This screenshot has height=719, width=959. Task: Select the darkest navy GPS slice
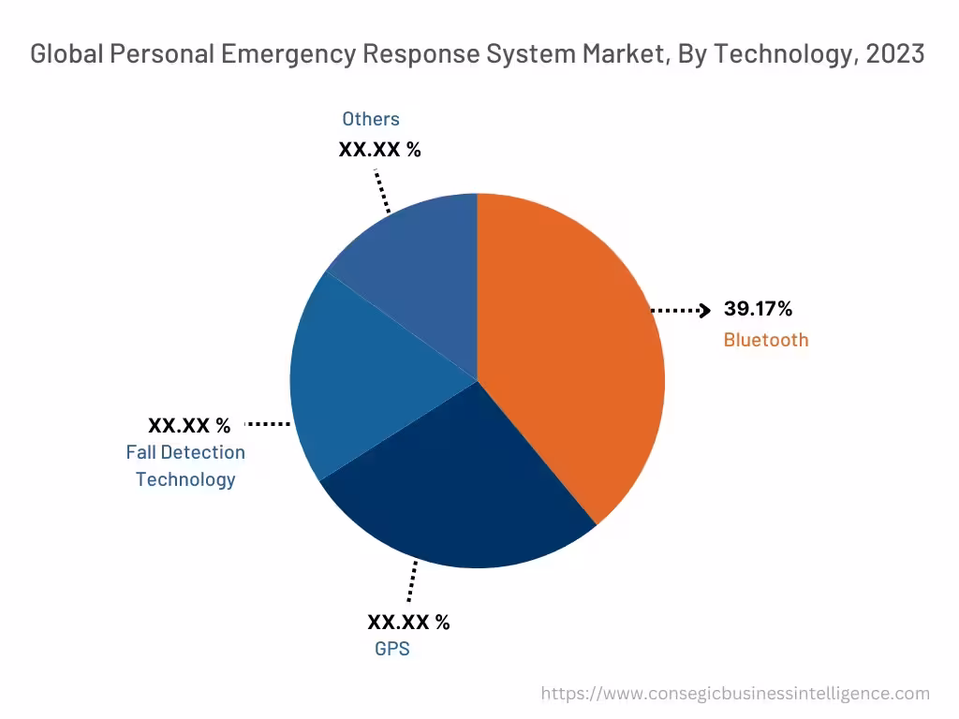pyautogui.click(x=459, y=496)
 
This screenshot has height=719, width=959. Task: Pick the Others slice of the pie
pyautogui.click(x=421, y=262)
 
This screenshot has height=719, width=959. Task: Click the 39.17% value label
pyautogui.click(x=758, y=309)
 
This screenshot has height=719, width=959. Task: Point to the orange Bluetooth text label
pyautogui.click(x=765, y=340)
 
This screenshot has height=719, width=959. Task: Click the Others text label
pyautogui.click(x=370, y=119)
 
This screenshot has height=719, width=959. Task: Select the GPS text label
pyautogui.click(x=391, y=648)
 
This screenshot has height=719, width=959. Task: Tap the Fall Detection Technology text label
pyautogui.click(x=185, y=465)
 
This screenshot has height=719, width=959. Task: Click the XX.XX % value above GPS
pyautogui.click(x=408, y=622)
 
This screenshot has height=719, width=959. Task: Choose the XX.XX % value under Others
pyautogui.click(x=379, y=149)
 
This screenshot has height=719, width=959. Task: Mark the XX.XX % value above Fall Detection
pyautogui.click(x=189, y=425)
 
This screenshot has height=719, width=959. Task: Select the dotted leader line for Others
pyautogui.click(x=382, y=191)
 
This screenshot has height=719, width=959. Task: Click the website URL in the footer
pyautogui.click(x=736, y=694)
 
